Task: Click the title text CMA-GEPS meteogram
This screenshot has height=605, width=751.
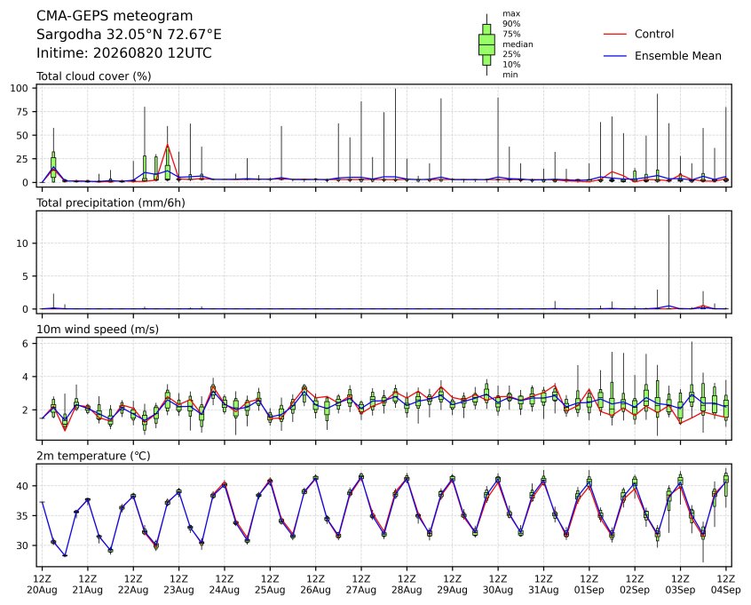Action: click(x=115, y=16)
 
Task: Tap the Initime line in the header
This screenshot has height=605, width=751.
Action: click(x=124, y=52)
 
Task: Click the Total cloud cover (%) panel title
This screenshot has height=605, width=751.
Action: click(x=94, y=76)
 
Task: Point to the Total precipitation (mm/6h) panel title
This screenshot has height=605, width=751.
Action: click(x=111, y=203)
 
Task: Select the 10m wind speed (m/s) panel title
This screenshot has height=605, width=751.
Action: click(x=98, y=330)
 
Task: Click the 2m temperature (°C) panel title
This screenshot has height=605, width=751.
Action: click(x=93, y=456)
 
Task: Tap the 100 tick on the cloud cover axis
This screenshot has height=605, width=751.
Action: click(x=20, y=88)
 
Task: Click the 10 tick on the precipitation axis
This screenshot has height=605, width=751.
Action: click(x=23, y=243)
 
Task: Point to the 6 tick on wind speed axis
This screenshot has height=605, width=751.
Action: click(x=26, y=344)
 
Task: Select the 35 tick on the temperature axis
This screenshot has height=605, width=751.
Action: click(x=23, y=516)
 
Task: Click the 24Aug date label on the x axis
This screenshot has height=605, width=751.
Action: click(x=225, y=590)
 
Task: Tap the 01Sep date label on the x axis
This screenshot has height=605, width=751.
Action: click(x=589, y=590)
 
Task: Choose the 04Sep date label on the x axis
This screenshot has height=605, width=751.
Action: click(x=726, y=590)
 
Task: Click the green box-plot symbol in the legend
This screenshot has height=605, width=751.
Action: click(x=486, y=44)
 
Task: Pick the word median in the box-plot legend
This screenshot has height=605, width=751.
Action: click(x=518, y=44)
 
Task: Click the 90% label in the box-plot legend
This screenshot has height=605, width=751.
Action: click(x=511, y=23)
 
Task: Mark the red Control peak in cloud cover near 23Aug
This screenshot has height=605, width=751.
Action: click(x=167, y=144)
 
